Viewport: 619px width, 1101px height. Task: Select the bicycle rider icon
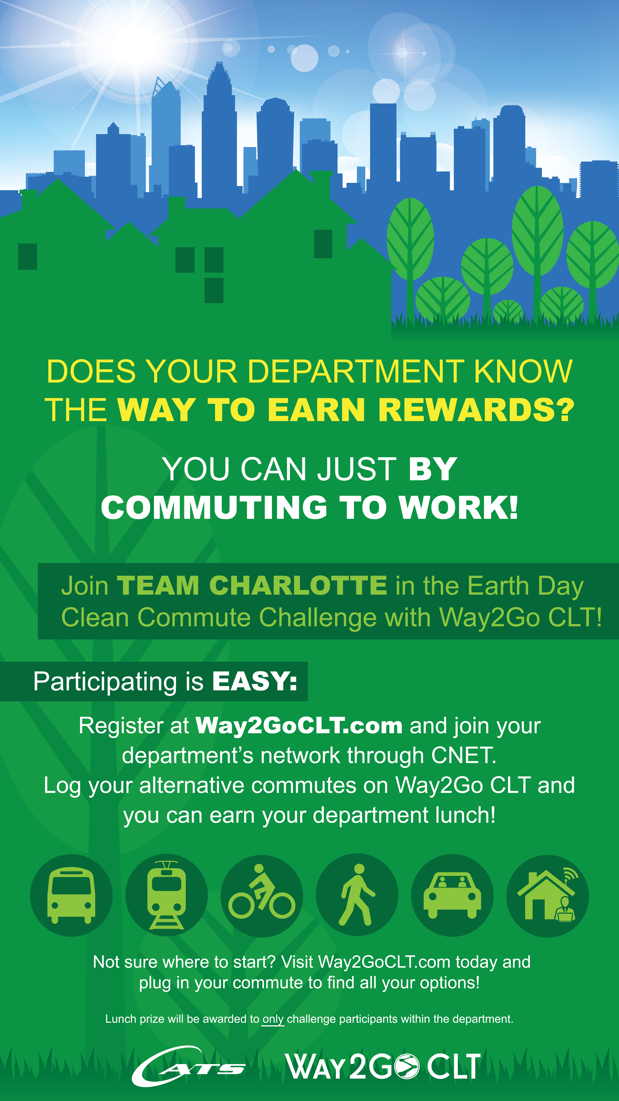pos(261,892)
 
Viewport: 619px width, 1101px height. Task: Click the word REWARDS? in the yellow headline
pos(476,410)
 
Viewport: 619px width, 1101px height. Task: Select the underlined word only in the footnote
pos(273,1019)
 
